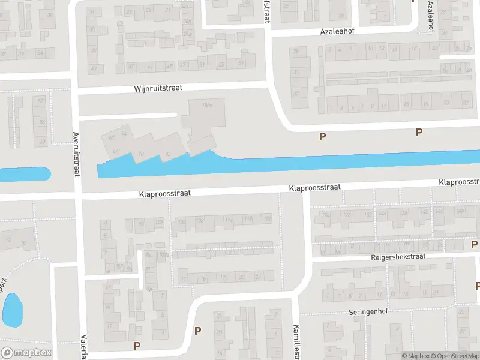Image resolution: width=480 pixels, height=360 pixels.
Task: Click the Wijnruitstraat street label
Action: click(157, 89)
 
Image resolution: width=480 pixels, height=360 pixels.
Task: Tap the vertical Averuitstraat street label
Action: click(76, 154)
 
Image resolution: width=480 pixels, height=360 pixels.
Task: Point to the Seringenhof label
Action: click(370, 313)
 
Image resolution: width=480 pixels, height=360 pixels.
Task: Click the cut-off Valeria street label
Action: click(83, 346)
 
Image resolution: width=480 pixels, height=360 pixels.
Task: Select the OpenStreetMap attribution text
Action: click(455, 356)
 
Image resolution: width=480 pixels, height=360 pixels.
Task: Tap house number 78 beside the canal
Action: click(142, 154)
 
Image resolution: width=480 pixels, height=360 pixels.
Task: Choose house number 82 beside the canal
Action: click(168, 154)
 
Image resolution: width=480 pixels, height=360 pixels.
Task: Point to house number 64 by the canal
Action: click(115, 150)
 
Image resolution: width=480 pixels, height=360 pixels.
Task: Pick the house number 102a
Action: click(164, 254)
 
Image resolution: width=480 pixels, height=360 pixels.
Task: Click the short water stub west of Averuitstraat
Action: click(24, 175)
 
